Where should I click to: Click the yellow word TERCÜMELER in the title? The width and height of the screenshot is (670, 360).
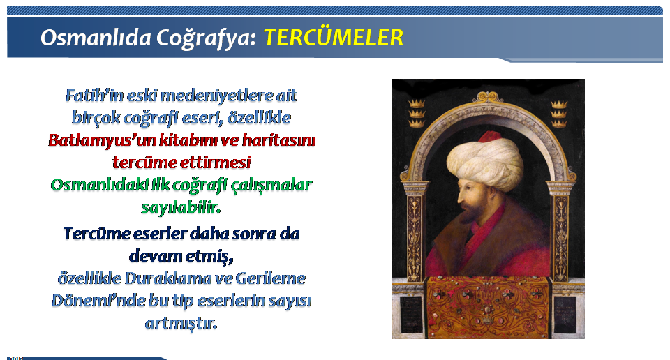[334, 38]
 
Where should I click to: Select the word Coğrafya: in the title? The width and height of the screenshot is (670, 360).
[205, 38]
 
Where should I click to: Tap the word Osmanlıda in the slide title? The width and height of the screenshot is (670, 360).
[96, 38]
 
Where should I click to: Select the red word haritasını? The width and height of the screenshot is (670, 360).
[278, 140]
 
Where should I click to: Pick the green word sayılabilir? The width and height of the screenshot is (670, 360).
[181, 207]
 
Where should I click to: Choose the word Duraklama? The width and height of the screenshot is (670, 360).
[167, 278]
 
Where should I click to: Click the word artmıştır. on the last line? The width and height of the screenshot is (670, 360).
[181, 323]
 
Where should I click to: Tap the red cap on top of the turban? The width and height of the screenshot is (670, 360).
[491, 137]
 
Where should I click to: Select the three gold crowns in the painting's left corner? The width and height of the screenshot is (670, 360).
[417, 113]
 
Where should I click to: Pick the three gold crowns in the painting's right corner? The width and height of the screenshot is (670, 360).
[559, 114]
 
